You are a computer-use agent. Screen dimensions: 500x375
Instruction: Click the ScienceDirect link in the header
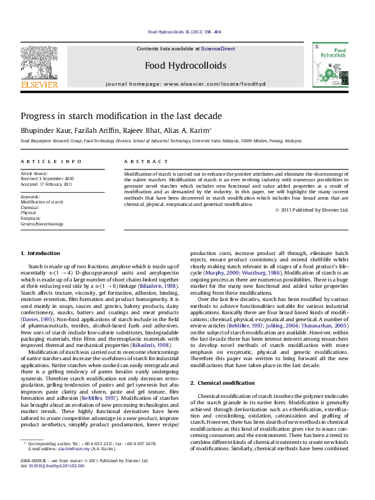click(x=218, y=48)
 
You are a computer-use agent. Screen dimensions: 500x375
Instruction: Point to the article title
click(x=121, y=116)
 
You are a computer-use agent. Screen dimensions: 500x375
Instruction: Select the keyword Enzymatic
click(x=30, y=218)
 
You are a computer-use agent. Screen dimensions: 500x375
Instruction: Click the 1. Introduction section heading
click(x=40, y=253)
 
